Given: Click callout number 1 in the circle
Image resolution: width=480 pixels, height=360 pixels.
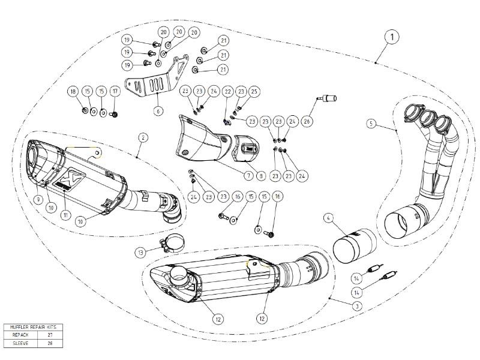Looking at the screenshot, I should point(391,37).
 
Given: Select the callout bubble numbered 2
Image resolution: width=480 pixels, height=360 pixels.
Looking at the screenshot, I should point(143,137).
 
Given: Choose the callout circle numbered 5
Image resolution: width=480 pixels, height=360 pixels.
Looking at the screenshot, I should point(372,124).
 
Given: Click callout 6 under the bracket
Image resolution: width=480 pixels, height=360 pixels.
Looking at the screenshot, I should point(158,110).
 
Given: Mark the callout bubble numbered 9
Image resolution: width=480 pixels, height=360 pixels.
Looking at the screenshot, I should point(37,199).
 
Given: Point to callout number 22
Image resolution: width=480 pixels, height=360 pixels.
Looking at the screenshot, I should point(228,91).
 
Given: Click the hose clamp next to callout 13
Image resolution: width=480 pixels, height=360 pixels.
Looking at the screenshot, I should point(171,245).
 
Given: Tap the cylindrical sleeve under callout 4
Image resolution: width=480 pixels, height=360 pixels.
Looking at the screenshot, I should point(354,246).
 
